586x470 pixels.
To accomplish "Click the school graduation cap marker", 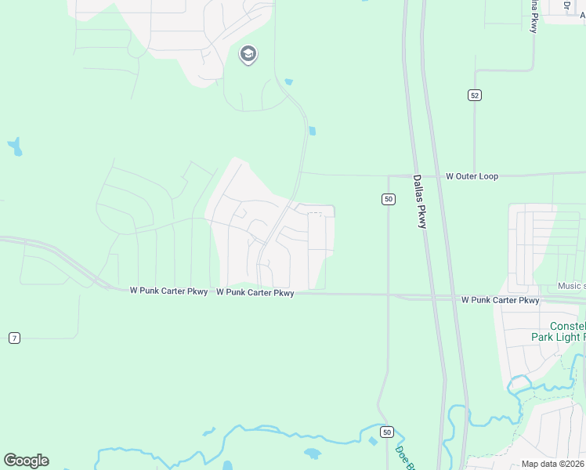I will pyautogui.click(x=248, y=54).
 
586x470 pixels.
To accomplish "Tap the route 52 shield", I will pyautogui.click(x=475, y=95).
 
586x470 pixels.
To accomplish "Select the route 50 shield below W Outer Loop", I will pyautogui.click(x=389, y=199).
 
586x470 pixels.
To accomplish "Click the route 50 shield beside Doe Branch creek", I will pyautogui.click(x=387, y=432).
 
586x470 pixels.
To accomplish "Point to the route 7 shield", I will pyautogui.click(x=14, y=338).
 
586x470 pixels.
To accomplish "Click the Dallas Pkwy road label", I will pyautogui.click(x=420, y=201).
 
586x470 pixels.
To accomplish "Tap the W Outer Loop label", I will pyautogui.click(x=472, y=176).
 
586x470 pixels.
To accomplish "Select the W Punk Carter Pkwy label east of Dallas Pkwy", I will pyautogui.click(x=500, y=300).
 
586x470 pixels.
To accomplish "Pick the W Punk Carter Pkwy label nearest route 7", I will pyautogui.click(x=168, y=291).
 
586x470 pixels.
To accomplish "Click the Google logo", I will pyautogui.click(x=27, y=461).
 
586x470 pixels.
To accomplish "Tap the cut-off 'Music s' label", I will pyautogui.click(x=571, y=286).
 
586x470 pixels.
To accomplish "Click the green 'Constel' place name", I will pyautogui.click(x=568, y=326).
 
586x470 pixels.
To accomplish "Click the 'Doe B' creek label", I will pyautogui.click(x=403, y=458).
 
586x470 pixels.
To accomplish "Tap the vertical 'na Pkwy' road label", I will pyautogui.click(x=534, y=16).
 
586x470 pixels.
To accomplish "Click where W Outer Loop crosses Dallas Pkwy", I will pyautogui.click(x=421, y=175).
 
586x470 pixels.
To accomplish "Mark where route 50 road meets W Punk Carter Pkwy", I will pyautogui.click(x=389, y=295).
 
